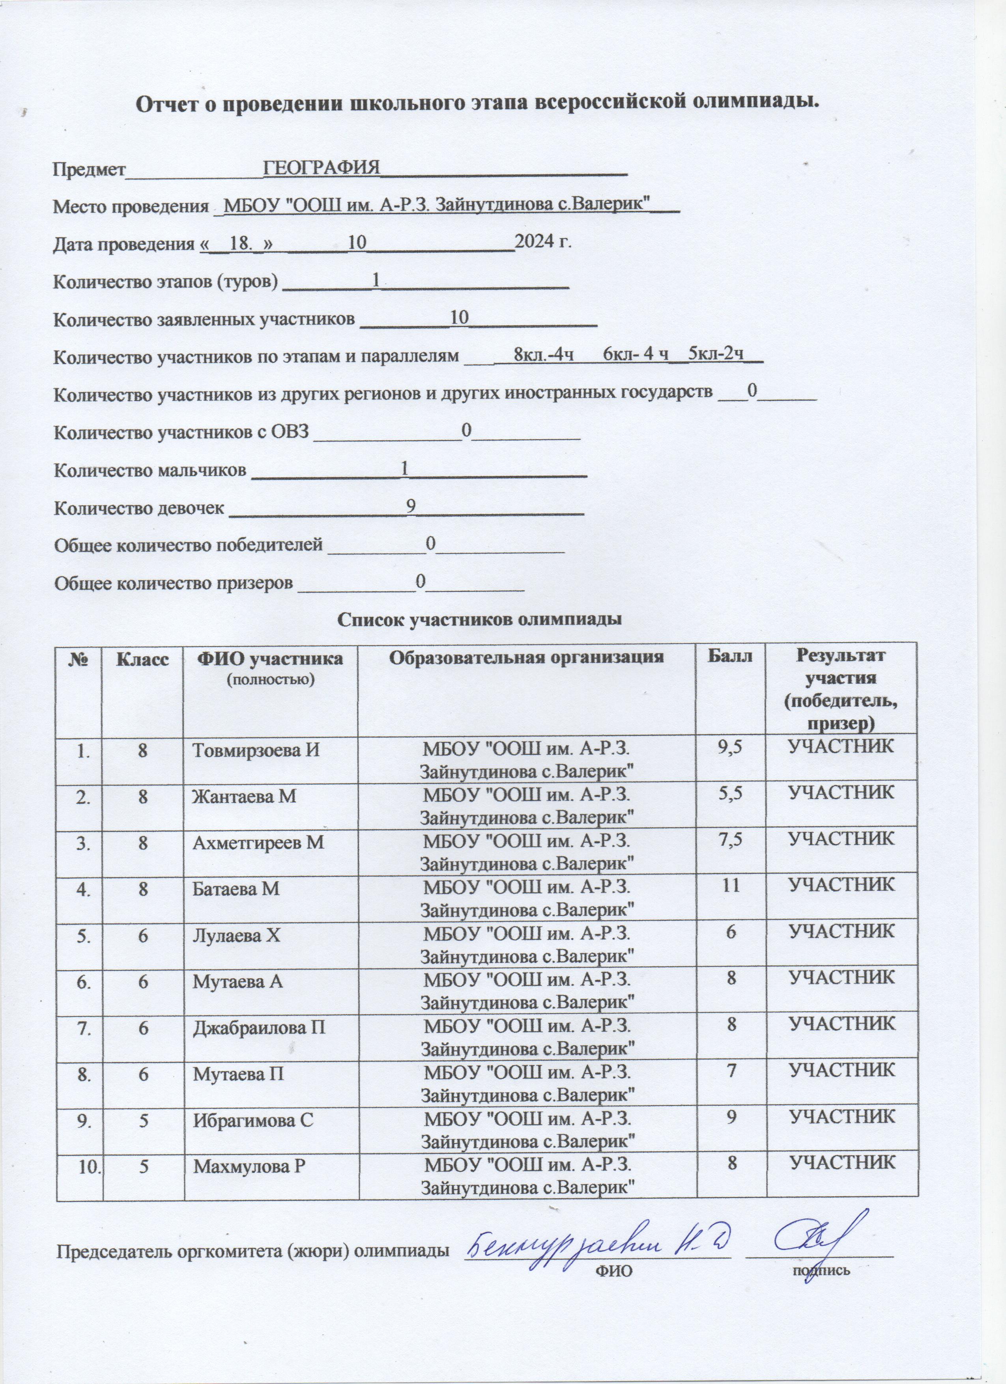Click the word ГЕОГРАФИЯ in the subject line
pos(321,167)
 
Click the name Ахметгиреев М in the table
pos(258,842)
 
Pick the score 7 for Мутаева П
pos(730,1070)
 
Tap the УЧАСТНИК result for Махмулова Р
pos(842,1162)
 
